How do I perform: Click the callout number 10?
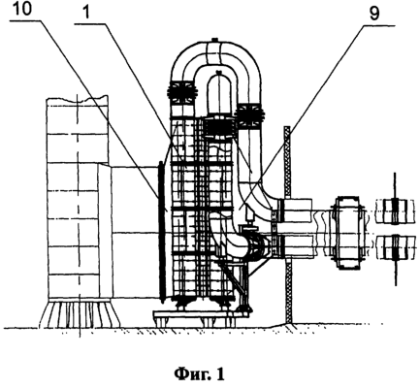coord(21,9)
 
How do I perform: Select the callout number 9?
coord(374,15)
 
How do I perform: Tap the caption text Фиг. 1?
coord(199,374)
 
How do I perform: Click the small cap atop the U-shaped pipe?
coord(214,40)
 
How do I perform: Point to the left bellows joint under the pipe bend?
coord(182,92)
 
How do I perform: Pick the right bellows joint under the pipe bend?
coord(249,115)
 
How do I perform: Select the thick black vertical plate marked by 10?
coord(160,232)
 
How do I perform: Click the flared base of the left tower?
coord(79,313)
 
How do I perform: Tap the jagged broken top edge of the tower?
coord(78,97)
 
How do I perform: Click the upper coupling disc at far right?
coord(395,211)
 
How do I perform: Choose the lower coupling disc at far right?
coord(395,248)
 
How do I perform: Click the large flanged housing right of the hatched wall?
coord(347,232)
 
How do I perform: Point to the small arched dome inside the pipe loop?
coord(218,94)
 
